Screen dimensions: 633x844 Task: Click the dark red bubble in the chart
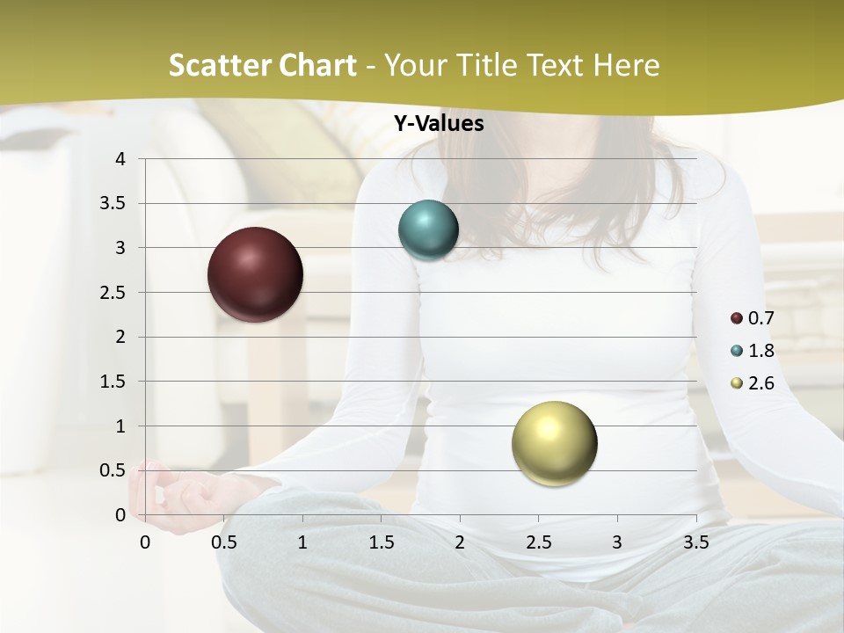click(x=255, y=274)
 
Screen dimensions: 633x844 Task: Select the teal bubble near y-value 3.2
click(x=428, y=230)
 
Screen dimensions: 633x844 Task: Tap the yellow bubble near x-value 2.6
click(x=554, y=443)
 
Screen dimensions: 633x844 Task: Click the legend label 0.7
click(x=760, y=318)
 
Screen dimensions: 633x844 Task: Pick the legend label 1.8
click(x=760, y=351)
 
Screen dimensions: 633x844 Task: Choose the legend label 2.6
click(x=760, y=383)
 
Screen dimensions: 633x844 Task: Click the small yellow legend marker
click(x=737, y=383)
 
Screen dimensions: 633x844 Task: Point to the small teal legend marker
click(x=737, y=351)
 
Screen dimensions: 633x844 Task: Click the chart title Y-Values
click(x=438, y=124)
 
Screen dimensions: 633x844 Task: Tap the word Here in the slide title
click(x=626, y=65)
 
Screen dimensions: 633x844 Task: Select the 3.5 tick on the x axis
click(x=695, y=542)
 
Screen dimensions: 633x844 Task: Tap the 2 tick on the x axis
click(x=459, y=542)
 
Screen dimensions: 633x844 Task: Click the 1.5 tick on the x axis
click(x=381, y=542)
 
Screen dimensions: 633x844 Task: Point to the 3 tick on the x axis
click(x=616, y=542)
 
